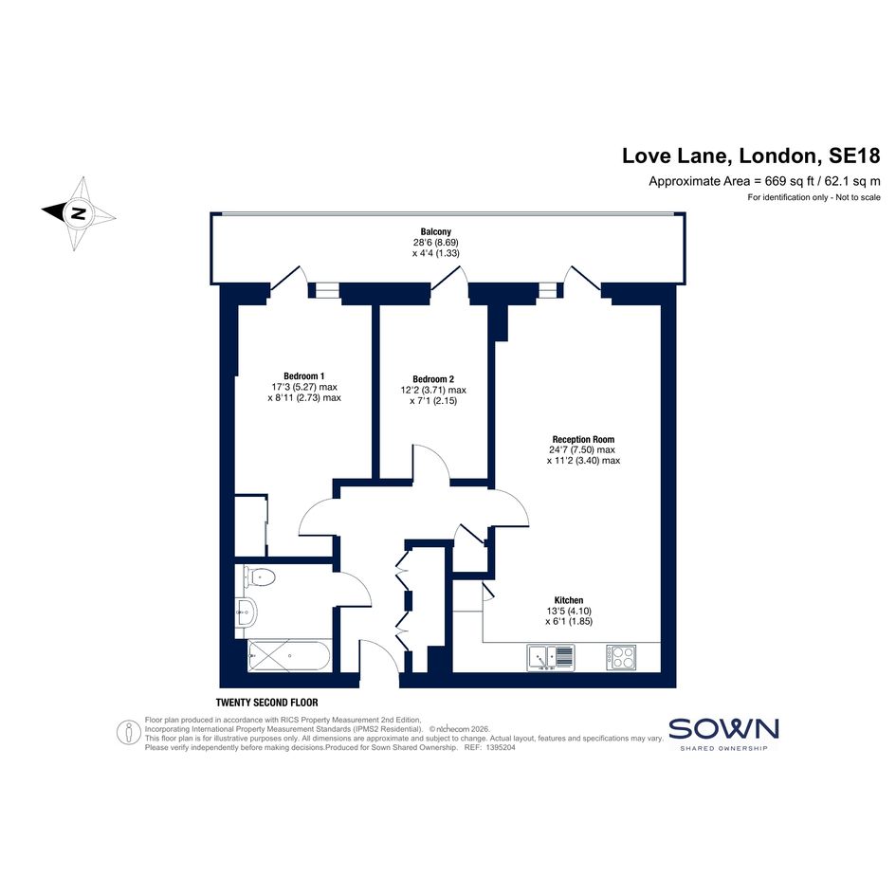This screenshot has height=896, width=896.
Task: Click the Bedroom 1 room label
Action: [304, 376]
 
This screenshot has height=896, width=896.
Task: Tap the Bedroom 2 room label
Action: [433, 379]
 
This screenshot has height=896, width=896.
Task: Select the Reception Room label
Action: [583, 439]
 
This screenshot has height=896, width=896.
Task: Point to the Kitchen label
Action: [569, 600]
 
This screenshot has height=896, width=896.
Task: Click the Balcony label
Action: [436, 231]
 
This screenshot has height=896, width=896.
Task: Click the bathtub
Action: [289, 656]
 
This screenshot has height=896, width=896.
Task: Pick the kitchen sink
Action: [551, 657]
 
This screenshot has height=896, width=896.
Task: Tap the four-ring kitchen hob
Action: [621, 657]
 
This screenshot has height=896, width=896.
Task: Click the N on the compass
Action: [79, 213]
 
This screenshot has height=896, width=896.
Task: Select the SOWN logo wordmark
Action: [723, 729]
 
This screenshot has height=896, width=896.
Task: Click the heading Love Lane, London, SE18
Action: [751, 155]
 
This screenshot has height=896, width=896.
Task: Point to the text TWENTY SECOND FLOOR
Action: [266, 703]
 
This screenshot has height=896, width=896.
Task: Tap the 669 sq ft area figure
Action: [790, 182]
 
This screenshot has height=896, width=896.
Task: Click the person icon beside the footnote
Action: [129, 732]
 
